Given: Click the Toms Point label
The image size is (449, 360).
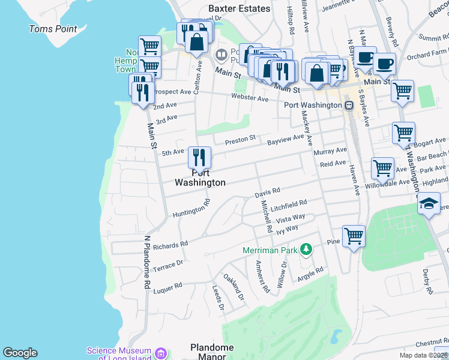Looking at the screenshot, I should (x=53, y=29).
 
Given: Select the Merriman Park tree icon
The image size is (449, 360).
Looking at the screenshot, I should (x=306, y=248).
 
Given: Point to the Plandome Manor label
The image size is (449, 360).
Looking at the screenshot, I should (x=208, y=352).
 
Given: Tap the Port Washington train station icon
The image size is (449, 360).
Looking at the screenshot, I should (x=349, y=105).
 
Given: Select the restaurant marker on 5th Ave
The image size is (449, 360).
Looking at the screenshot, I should (x=200, y=158).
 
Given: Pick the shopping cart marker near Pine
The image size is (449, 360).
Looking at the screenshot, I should (x=354, y=236).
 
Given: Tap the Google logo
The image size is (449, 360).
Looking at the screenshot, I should (x=20, y=353).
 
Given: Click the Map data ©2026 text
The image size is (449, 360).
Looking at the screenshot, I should (x=423, y=355).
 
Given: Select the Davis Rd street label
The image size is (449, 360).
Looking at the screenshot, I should (x=267, y=192).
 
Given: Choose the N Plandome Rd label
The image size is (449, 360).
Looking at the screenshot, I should (x=146, y=262).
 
